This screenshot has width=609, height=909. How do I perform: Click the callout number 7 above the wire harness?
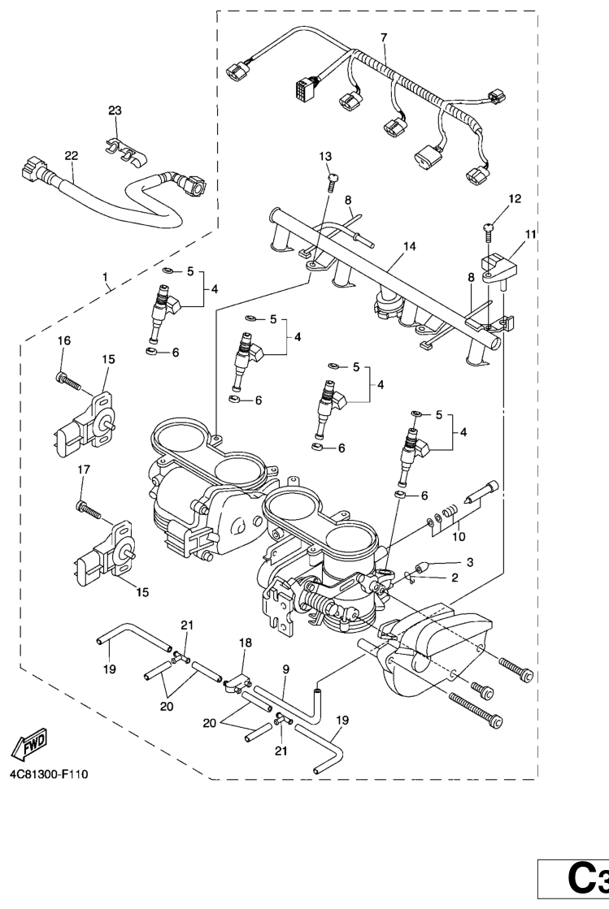384,37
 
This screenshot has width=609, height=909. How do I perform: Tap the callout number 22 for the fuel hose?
72,155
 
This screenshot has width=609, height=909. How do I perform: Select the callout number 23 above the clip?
115,110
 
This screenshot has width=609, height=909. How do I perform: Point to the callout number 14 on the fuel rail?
410,246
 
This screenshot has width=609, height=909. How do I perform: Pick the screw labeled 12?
489,232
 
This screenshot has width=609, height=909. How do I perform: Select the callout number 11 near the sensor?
531,234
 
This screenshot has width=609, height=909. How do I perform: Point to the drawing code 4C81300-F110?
49,774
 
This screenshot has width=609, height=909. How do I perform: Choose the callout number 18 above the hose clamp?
246,642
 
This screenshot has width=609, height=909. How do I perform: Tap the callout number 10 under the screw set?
459,536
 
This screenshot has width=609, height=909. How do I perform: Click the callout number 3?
470,562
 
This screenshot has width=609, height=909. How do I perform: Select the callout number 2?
455,578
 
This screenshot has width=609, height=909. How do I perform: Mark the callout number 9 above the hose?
286,669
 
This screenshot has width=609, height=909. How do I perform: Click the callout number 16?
63,340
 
